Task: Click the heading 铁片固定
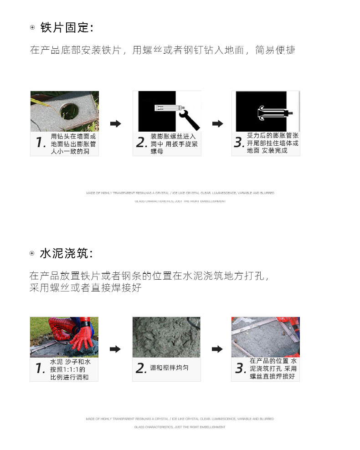coord(67,28)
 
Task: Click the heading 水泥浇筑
coord(67,254)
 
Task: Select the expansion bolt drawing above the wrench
coord(170,108)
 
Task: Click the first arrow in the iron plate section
coord(116,123)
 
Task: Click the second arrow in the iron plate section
coord(218,123)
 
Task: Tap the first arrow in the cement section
coord(116,349)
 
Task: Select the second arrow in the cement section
coord(218,349)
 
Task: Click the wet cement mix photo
coord(166,337)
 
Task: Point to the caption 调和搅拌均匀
coord(169,368)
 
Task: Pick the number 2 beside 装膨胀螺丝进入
coord(141,143)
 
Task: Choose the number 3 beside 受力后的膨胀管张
coord(239,143)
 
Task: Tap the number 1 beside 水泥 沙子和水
coord(40,368)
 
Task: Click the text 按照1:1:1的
coord(67,369)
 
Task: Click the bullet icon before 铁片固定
coord(32,28)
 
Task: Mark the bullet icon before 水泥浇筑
coord(32,254)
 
